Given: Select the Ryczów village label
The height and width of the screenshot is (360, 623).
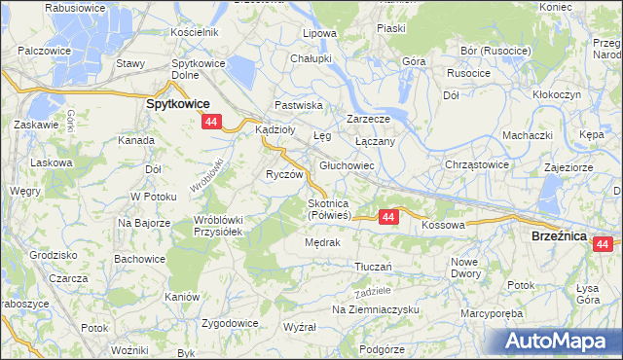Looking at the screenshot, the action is click(x=286, y=174).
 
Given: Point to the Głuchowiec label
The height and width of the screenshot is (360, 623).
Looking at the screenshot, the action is click(x=348, y=166).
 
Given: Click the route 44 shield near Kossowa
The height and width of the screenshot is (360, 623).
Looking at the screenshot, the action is click(x=388, y=217).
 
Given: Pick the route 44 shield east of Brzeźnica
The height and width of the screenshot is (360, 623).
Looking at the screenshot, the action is click(x=606, y=244).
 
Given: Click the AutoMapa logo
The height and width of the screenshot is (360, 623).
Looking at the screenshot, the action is click(x=561, y=341).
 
